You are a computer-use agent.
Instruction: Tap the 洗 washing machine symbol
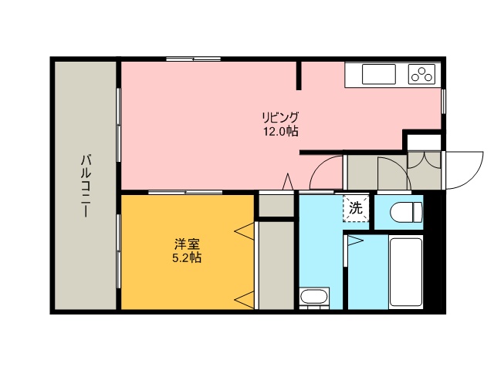355,207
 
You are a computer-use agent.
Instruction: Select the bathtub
407,271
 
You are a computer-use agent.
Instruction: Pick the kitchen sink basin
378,74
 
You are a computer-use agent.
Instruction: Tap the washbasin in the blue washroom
314,297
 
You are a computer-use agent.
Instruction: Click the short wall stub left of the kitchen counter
299,75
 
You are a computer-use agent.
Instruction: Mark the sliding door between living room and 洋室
185,192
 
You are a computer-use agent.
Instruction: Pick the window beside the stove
444,101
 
